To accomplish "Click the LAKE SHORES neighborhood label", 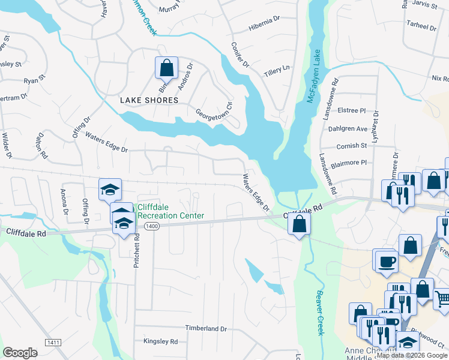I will click(149, 100).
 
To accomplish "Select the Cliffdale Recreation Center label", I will click(171, 211).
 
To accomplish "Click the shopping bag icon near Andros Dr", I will click(166, 68).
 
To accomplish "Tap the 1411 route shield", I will click(52, 342).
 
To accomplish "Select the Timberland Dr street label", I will click(206, 329).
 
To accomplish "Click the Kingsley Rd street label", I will click(160, 341).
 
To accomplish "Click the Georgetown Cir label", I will click(214, 110).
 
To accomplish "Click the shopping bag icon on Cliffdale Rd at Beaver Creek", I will click(298, 225).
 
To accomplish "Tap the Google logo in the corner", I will click(20, 353).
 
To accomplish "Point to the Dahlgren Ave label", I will click(348, 128).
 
